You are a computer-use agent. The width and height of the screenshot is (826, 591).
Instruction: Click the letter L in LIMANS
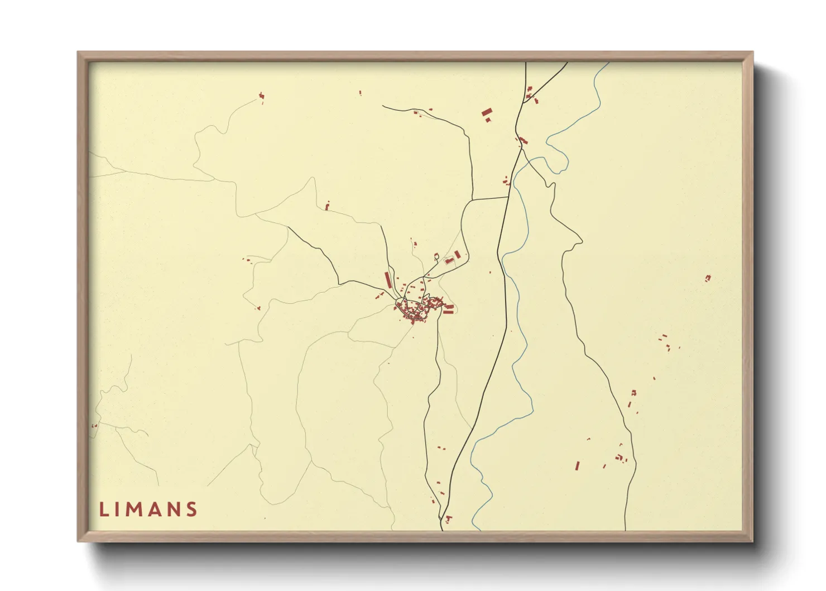tap(103, 509)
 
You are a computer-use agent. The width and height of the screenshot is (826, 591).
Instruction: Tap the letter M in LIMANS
tap(137, 509)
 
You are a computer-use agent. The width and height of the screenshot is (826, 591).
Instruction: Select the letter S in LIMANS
tap(192, 509)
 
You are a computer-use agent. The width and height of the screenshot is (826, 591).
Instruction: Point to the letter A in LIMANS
tap(155, 509)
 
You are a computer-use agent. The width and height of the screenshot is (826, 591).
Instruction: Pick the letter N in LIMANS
tap(174, 509)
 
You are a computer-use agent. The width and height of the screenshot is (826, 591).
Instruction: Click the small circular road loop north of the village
tap(436, 256)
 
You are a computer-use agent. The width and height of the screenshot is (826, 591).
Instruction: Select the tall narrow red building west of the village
tap(388, 279)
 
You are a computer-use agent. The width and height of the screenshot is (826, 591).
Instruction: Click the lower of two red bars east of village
tap(448, 312)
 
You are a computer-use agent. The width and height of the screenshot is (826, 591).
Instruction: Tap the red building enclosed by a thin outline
tap(449, 261)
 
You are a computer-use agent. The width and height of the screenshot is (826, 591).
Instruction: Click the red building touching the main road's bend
tap(523, 140)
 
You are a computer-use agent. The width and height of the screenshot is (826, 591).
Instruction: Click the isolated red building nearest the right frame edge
tap(708, 278)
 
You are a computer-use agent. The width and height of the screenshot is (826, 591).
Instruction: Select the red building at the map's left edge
tap(94, 426)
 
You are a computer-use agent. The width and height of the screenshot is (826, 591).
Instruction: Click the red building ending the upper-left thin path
tap(261, 97)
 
